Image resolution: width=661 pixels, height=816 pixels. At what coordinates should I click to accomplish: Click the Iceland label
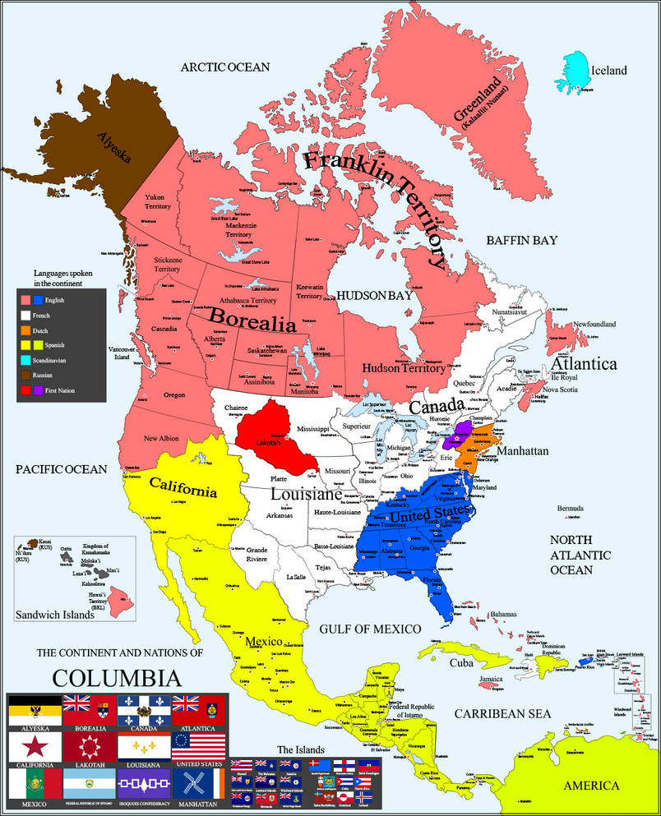click(608, 71)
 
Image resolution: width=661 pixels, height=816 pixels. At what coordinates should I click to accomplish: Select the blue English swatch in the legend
click(37, 301)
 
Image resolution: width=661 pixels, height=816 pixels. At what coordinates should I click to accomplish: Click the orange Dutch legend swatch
click(25, 330)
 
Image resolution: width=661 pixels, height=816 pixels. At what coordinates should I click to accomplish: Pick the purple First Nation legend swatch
click(37, 390)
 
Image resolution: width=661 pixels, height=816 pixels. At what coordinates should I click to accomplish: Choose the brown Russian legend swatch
click(25, 376)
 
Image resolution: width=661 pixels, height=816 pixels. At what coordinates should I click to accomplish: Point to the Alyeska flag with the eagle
click(34, 710)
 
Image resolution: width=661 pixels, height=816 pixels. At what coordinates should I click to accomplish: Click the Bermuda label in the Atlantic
click(573, 508)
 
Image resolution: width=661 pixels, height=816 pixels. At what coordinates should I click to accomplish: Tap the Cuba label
click(460, 663)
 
